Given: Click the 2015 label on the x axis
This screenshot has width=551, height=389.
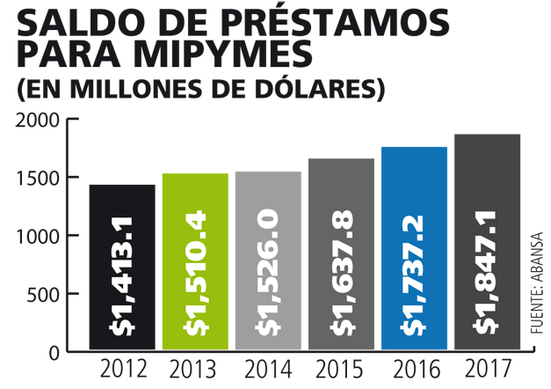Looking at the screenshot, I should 342,369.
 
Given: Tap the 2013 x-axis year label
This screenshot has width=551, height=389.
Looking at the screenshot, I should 195,369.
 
